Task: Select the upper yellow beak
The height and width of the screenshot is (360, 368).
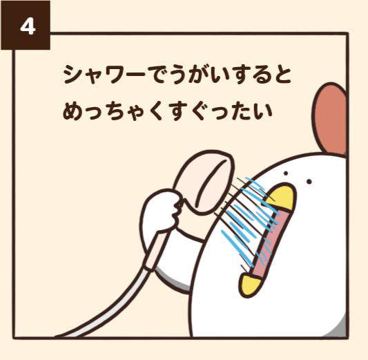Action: pyautogui.click(x=283, y=198)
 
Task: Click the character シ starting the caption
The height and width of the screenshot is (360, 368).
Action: pyautogui.click(x=72, y=74)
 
